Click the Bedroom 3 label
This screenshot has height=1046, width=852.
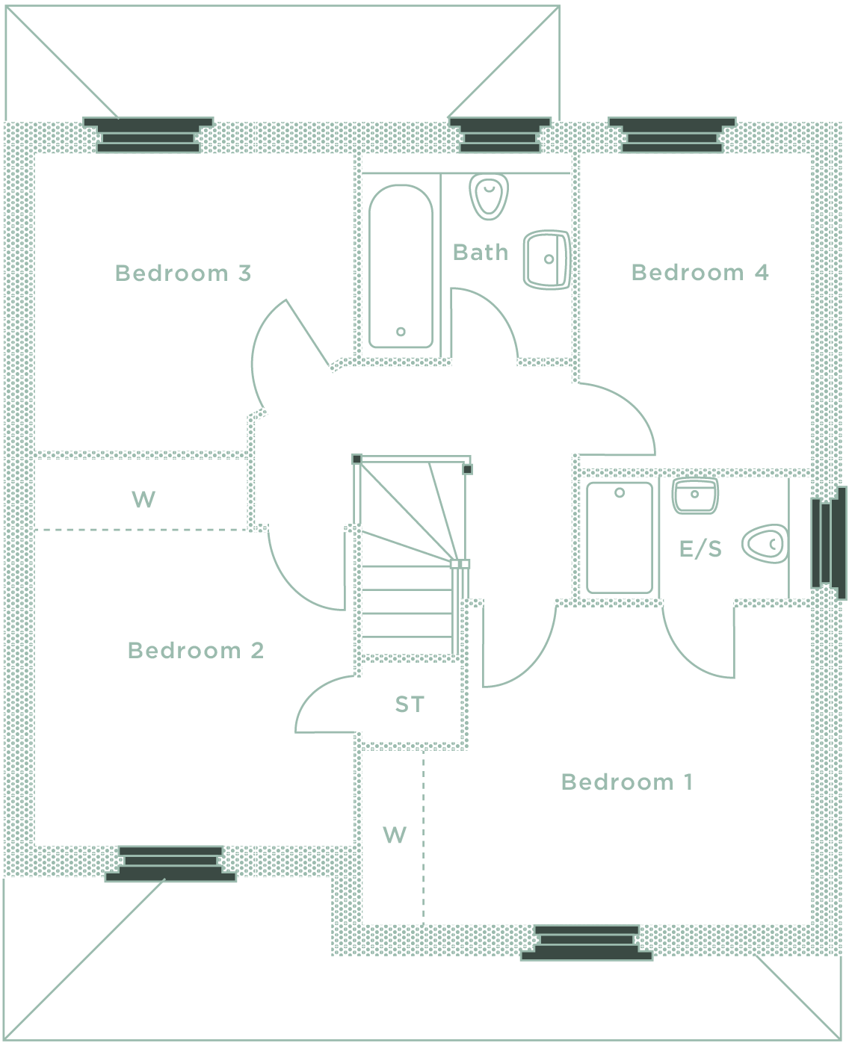182,273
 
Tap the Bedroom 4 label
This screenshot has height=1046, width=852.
700,273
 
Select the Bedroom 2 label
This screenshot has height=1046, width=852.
195,651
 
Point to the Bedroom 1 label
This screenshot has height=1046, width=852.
626,782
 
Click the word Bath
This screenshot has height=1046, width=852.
480,253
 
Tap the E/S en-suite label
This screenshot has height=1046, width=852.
700,550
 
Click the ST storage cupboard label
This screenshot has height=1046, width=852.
410,705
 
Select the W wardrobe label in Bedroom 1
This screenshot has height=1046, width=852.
395,835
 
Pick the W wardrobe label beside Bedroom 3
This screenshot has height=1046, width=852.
143,499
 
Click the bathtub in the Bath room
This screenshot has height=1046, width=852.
401,267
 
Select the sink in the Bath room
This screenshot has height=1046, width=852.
546,259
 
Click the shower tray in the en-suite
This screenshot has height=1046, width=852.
620,537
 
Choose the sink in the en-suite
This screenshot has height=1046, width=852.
695,495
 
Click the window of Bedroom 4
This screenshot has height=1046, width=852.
672,135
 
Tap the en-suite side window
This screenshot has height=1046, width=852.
829,542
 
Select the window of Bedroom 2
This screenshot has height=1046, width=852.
171,864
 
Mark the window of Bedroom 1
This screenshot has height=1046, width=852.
587,942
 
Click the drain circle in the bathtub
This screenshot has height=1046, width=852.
401,332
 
